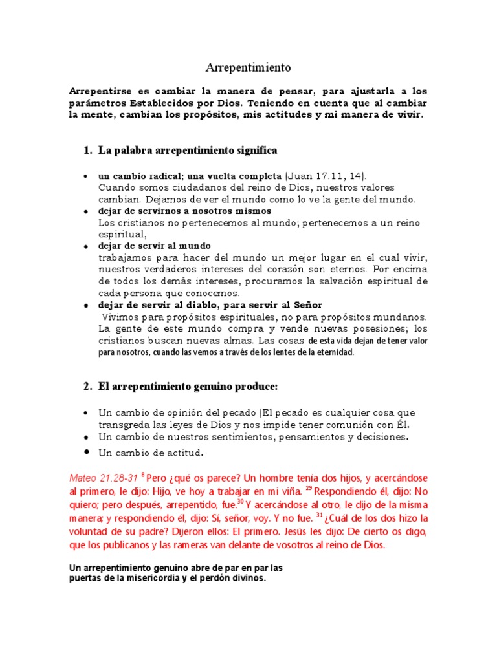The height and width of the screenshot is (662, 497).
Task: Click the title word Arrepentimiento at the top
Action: click(x=248, y=67)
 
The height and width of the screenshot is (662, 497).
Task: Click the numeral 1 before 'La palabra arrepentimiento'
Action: click(x=87, y=151)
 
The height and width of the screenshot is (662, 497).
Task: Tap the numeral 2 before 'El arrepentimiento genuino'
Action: click(x=87, y=387)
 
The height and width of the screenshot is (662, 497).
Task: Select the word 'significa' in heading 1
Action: click(x=254, y=151)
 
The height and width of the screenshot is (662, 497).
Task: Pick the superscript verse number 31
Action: click(x=318, y=515)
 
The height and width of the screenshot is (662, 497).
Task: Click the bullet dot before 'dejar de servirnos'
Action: click(x=86, y=211)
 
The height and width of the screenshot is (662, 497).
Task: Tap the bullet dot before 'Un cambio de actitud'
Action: click(x=86, y=452)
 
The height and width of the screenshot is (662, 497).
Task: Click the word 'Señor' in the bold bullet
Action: click(x=304, y=305)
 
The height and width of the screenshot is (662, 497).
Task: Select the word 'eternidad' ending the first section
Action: click(x=333, y=352)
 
